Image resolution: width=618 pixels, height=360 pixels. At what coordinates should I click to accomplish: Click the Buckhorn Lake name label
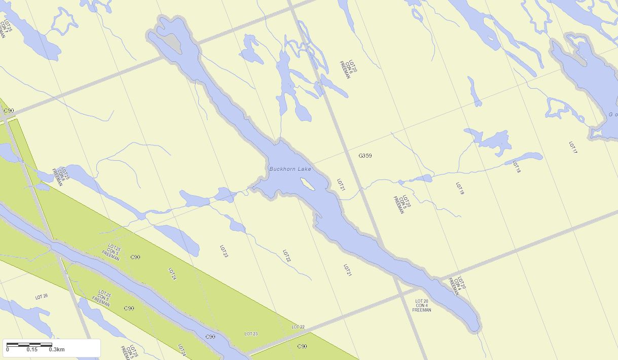(290, 169)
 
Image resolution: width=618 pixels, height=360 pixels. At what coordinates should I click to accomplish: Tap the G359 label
(365, 156)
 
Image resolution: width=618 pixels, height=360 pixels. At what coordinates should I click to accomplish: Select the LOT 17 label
(573, 148)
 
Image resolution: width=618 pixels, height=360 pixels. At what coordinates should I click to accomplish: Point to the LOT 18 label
(517, 167)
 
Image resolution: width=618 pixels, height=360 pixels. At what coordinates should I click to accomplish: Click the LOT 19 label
(460, 189)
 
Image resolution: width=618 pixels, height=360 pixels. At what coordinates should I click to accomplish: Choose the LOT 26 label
(42, 297)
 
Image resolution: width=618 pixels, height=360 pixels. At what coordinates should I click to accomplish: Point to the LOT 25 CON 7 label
(5, 29)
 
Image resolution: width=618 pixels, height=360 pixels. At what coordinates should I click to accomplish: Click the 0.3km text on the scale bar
(57, 349)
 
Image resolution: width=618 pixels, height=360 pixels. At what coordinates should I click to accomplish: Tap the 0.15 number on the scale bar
(32, 349)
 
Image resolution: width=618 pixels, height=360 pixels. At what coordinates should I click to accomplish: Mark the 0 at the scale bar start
(8, 349)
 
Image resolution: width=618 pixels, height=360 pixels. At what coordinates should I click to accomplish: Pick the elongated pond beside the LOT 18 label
(524, 158)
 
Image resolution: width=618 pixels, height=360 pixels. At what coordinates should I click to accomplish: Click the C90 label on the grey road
(9, 111)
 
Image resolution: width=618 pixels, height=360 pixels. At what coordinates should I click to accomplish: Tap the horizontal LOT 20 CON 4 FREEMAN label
(422, 306)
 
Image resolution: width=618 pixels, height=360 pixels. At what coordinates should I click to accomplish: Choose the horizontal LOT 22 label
(298, 327)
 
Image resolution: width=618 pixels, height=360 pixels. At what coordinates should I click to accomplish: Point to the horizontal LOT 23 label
(251, 334)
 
